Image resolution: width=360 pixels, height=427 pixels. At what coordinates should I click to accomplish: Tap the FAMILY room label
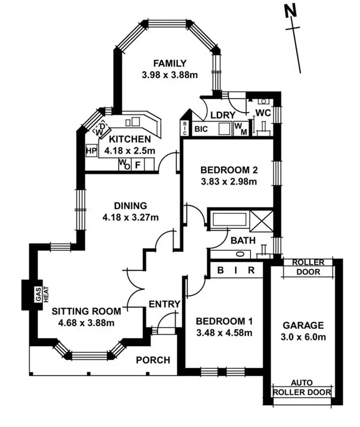[170, 64]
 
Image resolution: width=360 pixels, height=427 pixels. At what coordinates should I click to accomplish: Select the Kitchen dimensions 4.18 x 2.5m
[130, 151]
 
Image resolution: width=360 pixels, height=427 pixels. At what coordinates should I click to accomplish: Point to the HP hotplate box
[91, 151]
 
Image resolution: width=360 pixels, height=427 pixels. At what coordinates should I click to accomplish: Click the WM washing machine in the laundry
[240, 129]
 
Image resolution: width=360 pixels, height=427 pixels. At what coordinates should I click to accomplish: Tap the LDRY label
[220, 115]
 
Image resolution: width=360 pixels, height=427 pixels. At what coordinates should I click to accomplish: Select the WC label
[263, 113]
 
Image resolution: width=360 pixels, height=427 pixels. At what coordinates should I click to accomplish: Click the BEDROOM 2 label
[229, 170]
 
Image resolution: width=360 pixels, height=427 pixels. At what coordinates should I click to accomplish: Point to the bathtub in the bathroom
[229, 220]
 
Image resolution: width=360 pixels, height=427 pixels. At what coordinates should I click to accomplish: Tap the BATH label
[243, 240]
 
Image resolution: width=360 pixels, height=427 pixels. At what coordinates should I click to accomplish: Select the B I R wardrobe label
[236, 271]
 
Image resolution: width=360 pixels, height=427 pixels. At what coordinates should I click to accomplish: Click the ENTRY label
[164, 304]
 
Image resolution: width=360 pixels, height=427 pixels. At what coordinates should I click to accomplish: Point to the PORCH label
[153, 360]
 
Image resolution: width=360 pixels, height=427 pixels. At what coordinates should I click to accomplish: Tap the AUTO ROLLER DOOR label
[302, 388]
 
